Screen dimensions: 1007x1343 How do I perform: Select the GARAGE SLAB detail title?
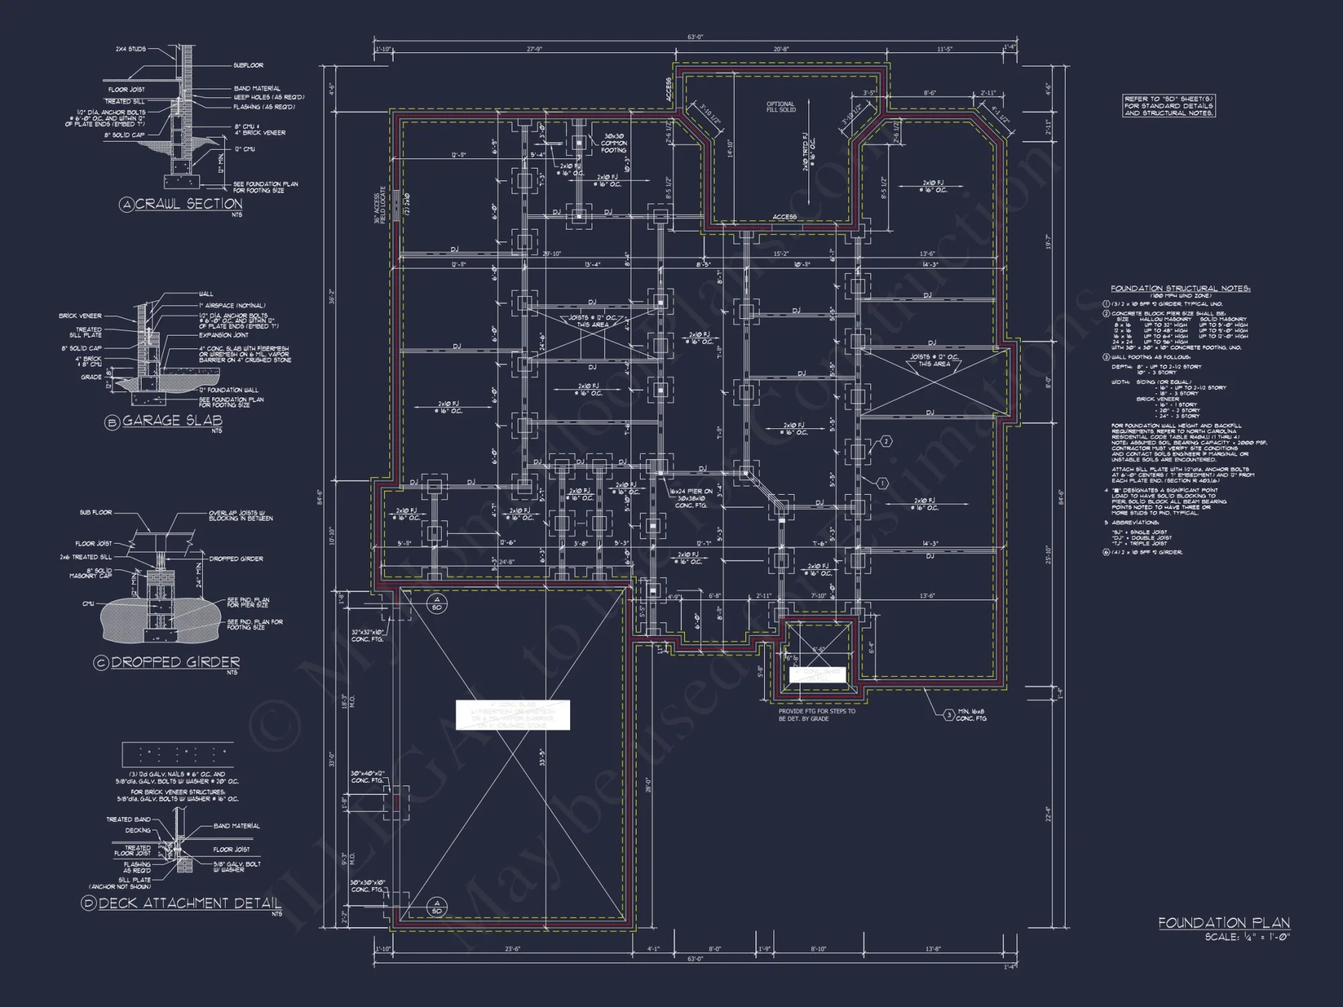172,421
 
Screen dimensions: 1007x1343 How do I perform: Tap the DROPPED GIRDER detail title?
175,663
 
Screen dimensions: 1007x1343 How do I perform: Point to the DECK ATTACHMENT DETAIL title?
190,903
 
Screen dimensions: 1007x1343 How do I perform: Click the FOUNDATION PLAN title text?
1223,923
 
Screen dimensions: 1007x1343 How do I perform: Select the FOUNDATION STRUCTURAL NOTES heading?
1180,289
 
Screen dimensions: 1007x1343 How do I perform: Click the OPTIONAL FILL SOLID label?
780,107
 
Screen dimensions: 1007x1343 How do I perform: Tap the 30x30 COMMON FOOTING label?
613,143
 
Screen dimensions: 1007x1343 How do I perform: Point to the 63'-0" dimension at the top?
695,38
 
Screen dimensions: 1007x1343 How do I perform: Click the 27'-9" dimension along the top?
535,49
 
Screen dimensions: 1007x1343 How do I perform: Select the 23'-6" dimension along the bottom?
512,949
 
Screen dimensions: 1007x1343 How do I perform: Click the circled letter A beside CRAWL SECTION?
126,205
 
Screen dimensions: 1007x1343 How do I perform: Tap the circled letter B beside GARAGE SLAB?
111,422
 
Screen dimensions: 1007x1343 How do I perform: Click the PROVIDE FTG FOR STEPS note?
817,714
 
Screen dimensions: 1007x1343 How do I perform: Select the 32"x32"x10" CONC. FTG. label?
367,636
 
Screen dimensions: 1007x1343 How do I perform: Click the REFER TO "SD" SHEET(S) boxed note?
1168,106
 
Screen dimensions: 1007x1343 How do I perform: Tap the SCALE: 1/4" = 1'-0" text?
1247,937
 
